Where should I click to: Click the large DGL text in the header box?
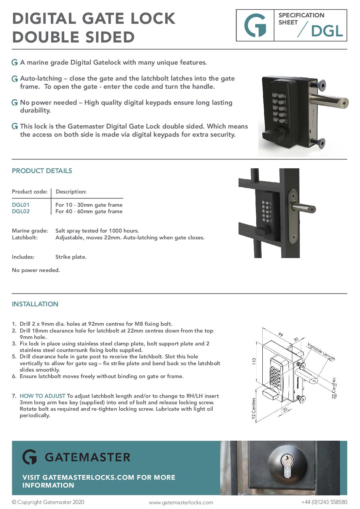(x=327, y=31)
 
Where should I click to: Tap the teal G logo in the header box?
(x=255, y=26)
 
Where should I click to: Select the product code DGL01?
(x=21, y=205)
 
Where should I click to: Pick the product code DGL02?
(x=21, y=211)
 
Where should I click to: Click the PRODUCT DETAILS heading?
(x=42, y=171)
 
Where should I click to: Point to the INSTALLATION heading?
(x=35, y=304)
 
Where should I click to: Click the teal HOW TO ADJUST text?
(x=43, y=396)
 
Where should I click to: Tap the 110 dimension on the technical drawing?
(x=254, y=361)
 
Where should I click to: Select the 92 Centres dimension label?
(x=254, y=410)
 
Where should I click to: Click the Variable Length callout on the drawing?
(x=321, y=352)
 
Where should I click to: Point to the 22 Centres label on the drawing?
(x=334, y=388)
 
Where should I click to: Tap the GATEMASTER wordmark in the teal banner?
(x=87, y=457)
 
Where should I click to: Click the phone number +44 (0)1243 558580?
(x=324, y=502)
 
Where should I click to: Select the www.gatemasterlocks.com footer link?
(x=181, y=503)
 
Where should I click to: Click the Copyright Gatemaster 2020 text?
(x=48, y=502)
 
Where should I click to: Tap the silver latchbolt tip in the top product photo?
(x=345, y=102)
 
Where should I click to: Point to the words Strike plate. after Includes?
(x=71, y=257)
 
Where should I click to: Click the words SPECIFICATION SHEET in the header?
(x=301, y=19)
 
